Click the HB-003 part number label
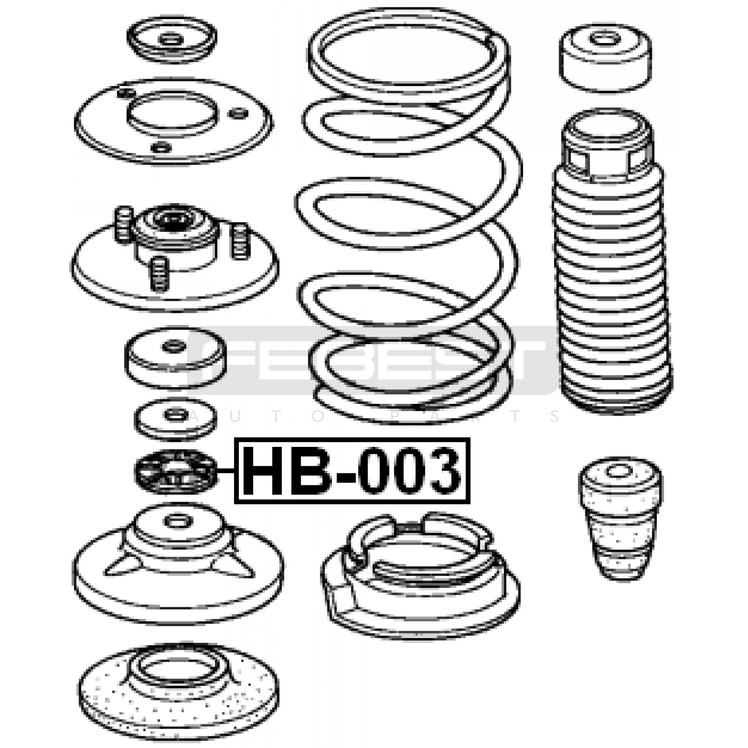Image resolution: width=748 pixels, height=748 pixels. tap(352, 470)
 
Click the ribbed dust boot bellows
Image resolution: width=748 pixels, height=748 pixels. tap(611, 262)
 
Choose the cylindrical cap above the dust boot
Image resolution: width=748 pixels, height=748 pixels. tap(605, 58)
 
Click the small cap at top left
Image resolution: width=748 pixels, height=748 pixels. tap(172, 40)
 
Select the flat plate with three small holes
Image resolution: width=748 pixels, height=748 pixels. tap(174, 122)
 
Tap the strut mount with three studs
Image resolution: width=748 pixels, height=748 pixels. tap(175, 257)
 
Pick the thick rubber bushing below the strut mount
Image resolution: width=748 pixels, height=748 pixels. tap(175, 357)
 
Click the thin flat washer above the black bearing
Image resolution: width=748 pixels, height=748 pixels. tap(176, 419)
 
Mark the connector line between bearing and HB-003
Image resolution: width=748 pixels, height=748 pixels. tap(226, 471)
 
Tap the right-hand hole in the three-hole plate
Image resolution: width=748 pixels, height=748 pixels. tap(238, 113)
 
